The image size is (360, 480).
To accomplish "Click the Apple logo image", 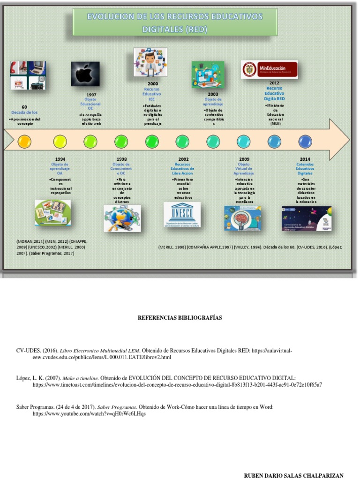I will tap(85, 74).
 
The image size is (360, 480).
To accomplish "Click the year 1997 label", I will tap(91, 94).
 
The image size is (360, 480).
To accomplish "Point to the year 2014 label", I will tap(305, 159).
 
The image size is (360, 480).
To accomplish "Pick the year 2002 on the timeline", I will tap(183, 159).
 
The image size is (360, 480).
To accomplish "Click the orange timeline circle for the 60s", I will tap(24, 141).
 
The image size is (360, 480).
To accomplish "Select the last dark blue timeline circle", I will tap(305, 141).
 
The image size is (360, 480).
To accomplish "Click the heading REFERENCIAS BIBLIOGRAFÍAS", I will tap(180, 318).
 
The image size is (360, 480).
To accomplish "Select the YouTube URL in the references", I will tap(86, 414).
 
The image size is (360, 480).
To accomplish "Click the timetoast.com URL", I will tap(177, 384).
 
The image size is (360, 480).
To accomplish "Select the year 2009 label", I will tap(244, 159).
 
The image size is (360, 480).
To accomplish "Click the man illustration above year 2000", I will tap(150, 62).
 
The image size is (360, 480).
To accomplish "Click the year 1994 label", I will tap(60, 159).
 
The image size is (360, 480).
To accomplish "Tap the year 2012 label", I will tap(274, 83).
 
